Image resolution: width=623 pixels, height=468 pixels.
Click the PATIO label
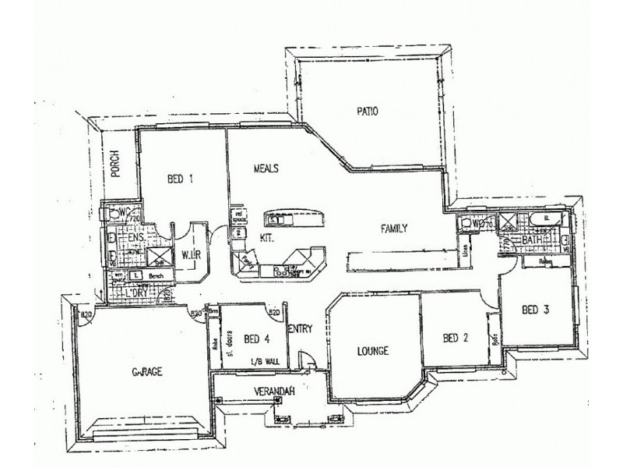[367, 111]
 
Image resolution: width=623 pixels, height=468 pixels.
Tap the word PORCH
[114, 164]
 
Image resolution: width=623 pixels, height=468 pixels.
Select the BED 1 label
[180, 179]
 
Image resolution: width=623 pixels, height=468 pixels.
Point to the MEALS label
[266, 168]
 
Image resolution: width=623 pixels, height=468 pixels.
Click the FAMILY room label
[394, 229]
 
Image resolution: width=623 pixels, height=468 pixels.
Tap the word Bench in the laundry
[157, 276]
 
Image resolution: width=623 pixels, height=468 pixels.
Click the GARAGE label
[146, 371]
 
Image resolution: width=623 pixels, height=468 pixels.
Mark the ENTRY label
[300, 329]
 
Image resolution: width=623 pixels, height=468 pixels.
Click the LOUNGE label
[371, 350]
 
